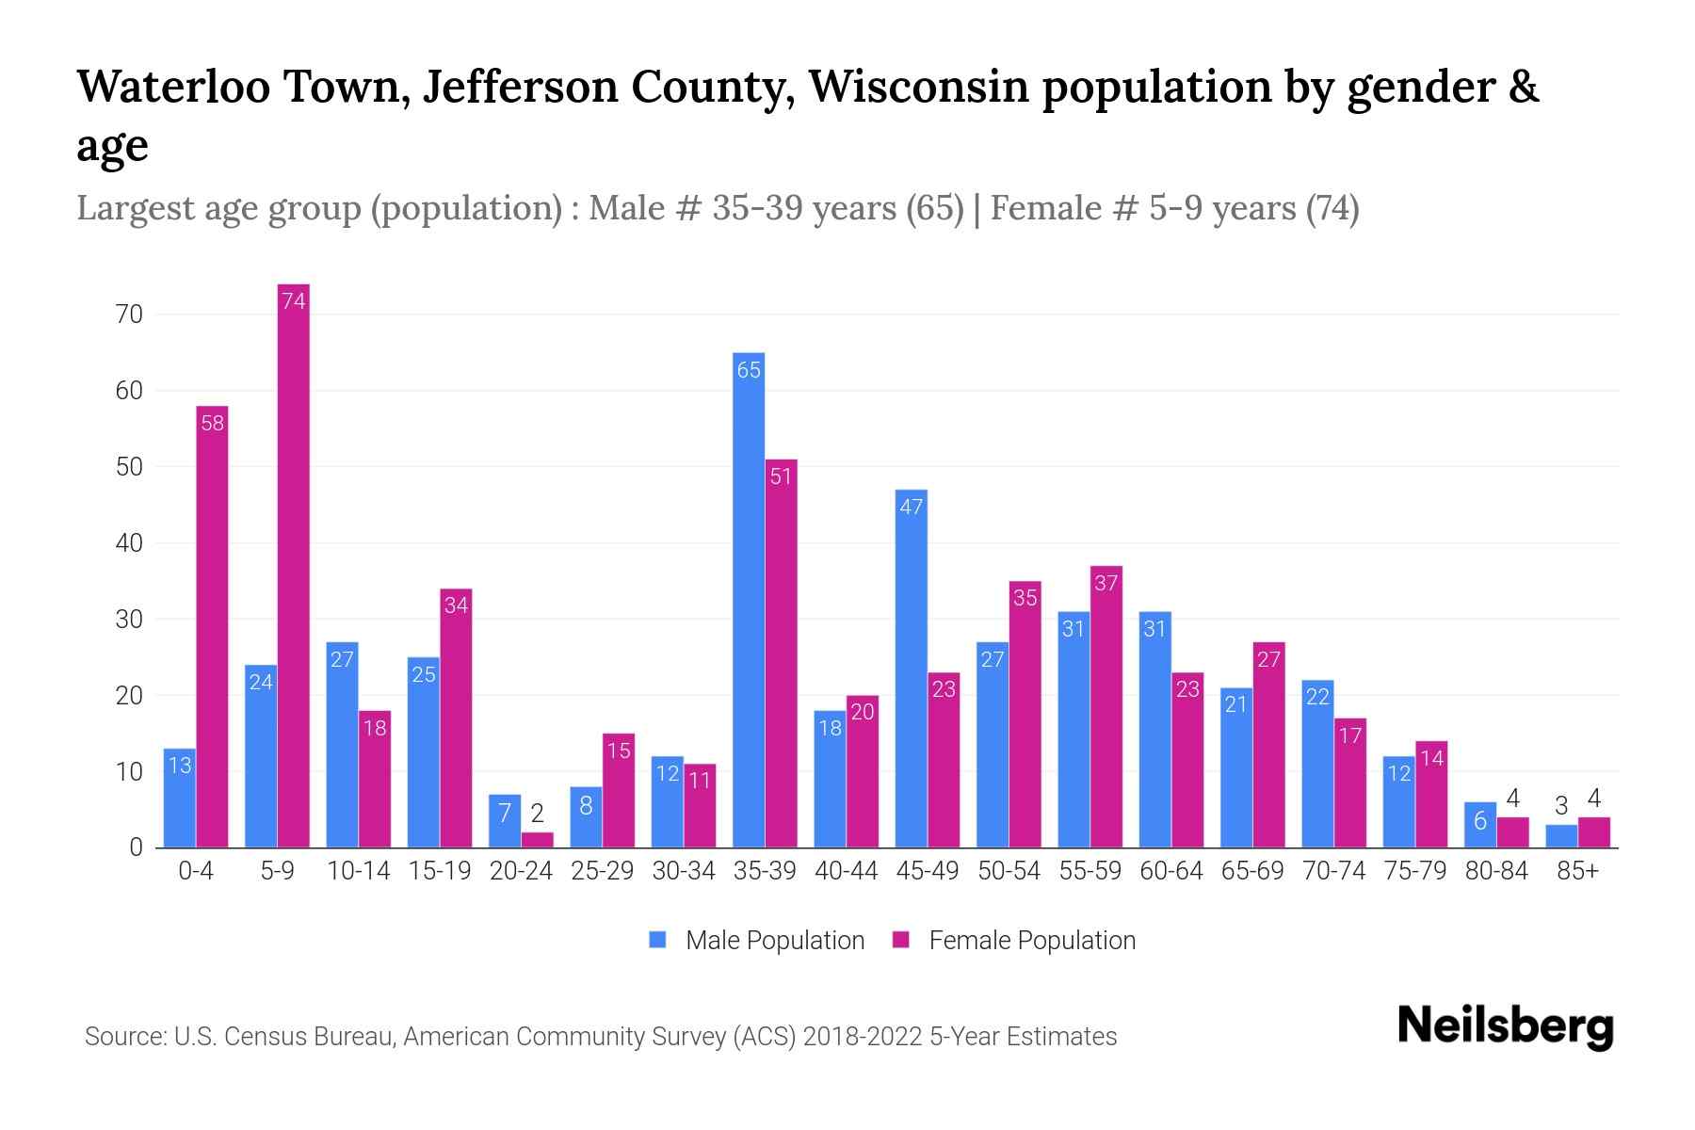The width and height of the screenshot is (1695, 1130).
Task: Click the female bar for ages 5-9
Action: [294, 565]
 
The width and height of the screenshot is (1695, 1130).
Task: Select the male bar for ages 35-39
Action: [749, 603]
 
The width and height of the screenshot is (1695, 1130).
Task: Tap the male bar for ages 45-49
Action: [911, 669]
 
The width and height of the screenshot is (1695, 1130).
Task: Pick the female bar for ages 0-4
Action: [212, 626]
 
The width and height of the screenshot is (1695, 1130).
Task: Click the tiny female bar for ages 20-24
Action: [538, 840]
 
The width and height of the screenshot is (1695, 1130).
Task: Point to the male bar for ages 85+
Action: [1561, 836]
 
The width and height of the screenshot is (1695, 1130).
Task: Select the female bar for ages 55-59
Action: [1106, 706]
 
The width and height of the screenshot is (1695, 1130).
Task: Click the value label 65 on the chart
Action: [749, 371]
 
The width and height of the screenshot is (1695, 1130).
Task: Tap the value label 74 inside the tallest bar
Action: [294, 301]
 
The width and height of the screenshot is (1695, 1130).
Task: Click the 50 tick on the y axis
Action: [129, 467]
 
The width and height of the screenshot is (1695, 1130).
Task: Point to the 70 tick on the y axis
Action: [129, 315]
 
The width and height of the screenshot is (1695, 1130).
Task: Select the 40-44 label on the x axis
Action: [846, 871]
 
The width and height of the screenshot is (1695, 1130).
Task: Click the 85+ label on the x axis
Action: [1577, 871]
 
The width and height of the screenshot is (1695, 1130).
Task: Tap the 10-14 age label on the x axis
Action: [358, 871]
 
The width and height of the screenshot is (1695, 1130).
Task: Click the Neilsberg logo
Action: [1505, 1026]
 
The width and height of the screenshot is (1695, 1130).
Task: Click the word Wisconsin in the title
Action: [918, 87]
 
